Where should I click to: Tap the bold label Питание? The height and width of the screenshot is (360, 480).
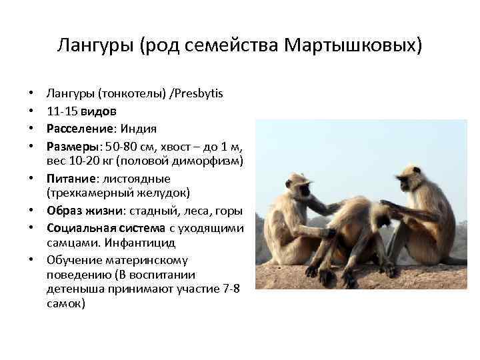(70, 179)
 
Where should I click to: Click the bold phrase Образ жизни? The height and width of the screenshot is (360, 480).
(81, 211)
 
